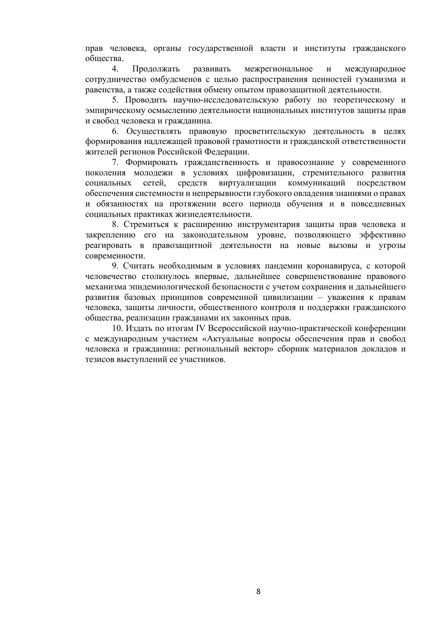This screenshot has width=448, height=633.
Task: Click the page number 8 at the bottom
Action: (258, 591)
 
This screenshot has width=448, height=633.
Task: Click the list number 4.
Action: (115, 69)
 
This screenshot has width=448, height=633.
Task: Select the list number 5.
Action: (115, 100)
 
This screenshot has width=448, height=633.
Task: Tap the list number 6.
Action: (115, 131)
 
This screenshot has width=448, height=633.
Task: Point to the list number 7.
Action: (115, 162)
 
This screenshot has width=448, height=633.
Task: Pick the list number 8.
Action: (115, 224)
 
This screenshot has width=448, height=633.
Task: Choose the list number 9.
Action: (115, 266)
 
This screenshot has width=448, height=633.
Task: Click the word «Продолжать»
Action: (156, 69)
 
